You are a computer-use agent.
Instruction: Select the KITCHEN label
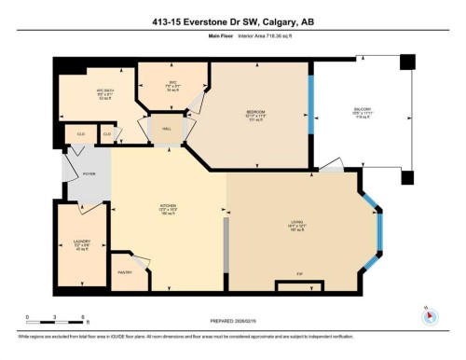169,207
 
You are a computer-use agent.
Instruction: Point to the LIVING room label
298,221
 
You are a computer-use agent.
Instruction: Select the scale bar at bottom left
55,320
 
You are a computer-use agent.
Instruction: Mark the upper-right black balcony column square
405,62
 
